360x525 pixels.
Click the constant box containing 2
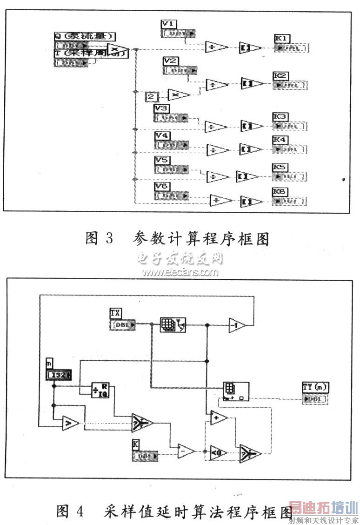[x=152, y=97]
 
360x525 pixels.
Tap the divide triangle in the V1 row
[x=216, y=47]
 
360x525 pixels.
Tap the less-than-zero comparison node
[x=216, y=452]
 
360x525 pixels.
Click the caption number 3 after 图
[x=109, y=238]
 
